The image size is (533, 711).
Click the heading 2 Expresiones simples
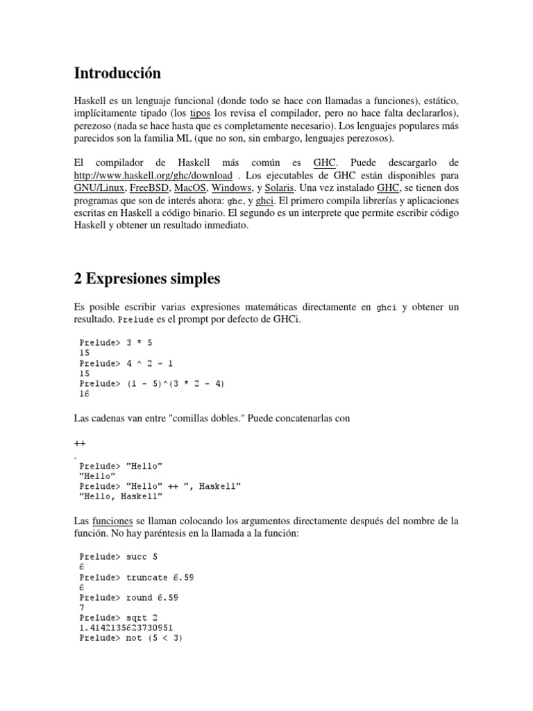tap(146, 278)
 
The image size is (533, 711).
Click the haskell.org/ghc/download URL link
tap(153, 176)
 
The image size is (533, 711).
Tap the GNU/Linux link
tap(100, 188)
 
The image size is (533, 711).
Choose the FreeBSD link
tap(149, 188)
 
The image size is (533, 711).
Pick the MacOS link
tap(190, 188)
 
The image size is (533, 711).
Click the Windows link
tap(232, 188)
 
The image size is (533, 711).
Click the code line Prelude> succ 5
tap(123, 556)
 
